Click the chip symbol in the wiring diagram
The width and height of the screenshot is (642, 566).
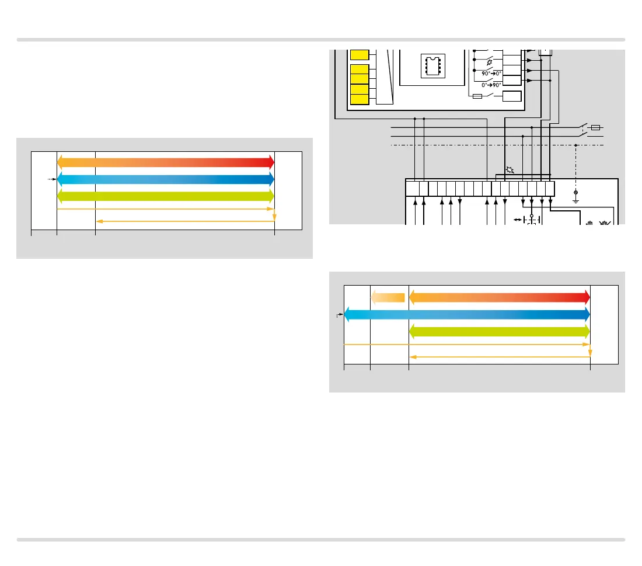tap(432, 65)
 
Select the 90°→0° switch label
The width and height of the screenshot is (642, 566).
tap(491, 74)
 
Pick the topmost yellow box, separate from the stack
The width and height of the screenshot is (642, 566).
tap(360, 55)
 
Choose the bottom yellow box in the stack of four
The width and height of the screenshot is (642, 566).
tap(360, 99)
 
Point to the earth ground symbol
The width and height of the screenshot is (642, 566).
tap(576, 194)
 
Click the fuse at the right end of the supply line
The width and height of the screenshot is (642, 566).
tap(595, 127)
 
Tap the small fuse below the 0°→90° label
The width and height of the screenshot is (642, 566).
tap(477, 96)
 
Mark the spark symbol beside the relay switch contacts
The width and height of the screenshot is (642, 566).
tap(489, 61)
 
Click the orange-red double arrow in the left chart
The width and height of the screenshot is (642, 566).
tap(166, 162)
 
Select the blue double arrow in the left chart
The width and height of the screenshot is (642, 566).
tap(166, 179)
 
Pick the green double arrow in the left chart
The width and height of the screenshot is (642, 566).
tap(166, 195)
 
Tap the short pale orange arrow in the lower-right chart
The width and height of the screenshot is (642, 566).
tap(388, 297)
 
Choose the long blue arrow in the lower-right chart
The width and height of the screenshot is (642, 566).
tap(467, 315)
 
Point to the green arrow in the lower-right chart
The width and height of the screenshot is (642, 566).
tap(500, 332)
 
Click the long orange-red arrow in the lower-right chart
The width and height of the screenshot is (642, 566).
tap(500, 297)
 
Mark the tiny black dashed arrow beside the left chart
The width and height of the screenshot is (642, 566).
tap(51, 179)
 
